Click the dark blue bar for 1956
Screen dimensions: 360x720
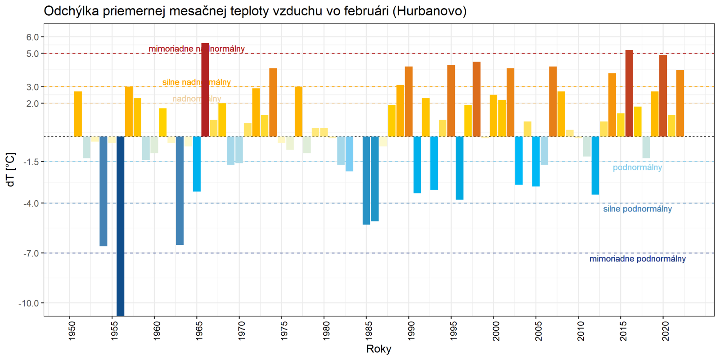tap(120, 225)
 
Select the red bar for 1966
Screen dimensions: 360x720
tap(205, 90)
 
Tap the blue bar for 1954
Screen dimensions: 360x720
tap(103, 191)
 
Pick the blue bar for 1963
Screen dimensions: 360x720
tap(180, 190)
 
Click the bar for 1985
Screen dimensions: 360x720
tap(366, 180)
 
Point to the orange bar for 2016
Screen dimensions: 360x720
tap(629, 93)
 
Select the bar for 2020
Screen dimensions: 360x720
tap(663, 95)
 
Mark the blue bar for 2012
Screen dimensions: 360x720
tap(595, 165)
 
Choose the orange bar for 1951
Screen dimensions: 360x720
tap(78, 114)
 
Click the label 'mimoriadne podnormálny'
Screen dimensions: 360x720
tap(637, 259)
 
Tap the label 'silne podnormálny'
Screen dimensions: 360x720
tap(637, 209)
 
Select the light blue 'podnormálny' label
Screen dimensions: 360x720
tap(637, 167)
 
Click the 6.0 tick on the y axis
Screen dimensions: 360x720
tap(32, 37)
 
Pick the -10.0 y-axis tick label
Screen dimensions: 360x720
tap(29, 303)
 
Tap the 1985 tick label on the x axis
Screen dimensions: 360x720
tap(369, 331)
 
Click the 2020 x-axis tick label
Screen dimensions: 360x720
tap(666, 331)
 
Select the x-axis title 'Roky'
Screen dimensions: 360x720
tap(379, 349)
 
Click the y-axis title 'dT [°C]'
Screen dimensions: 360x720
tap(10, 170)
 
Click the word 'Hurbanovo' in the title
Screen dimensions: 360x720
tap(429, 11)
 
